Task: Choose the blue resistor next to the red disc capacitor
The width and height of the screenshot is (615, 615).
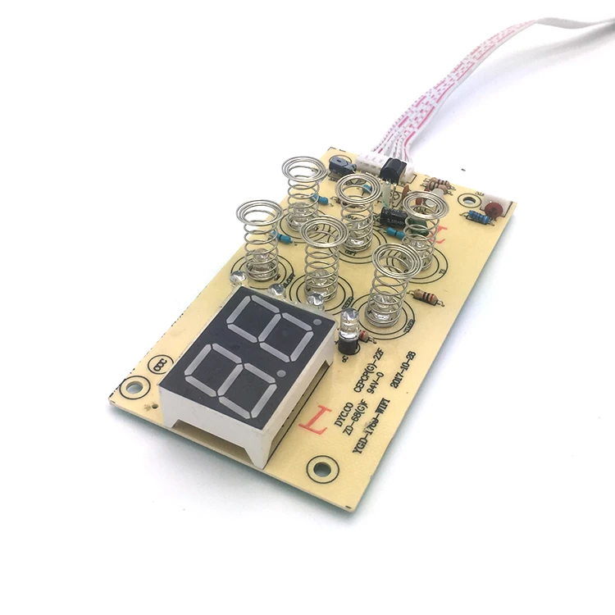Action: (474, 217)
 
